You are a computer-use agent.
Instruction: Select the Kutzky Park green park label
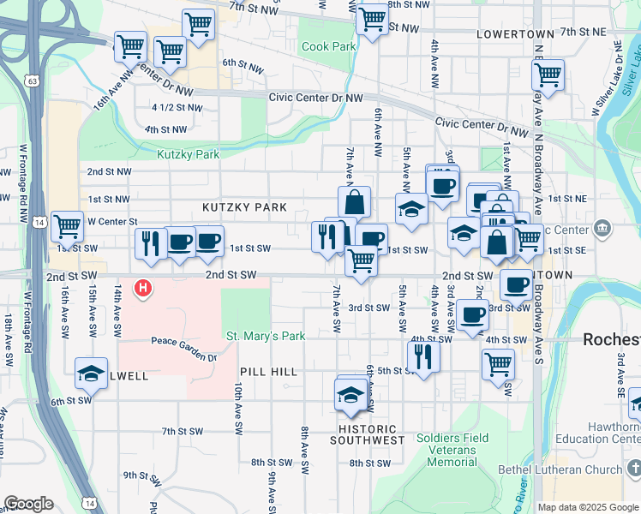[x=189, y=154]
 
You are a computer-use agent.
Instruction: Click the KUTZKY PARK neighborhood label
[x=244, y=207]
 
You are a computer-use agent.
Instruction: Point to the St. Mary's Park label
[x=265, y=336]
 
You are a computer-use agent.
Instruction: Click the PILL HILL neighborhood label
[x=268, y=372]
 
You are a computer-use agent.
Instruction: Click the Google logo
[x=28, y=504]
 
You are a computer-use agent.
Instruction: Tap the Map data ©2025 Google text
[x=588, y=507]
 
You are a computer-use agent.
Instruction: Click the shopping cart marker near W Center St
[x=67, y=226]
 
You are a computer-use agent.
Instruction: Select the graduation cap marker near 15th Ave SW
[x=91, y=373]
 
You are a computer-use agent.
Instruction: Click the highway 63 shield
[x=32, y=81]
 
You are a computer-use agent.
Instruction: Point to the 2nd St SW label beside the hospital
[x=231, y=275]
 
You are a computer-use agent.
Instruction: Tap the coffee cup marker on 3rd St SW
[x=472, y=314]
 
